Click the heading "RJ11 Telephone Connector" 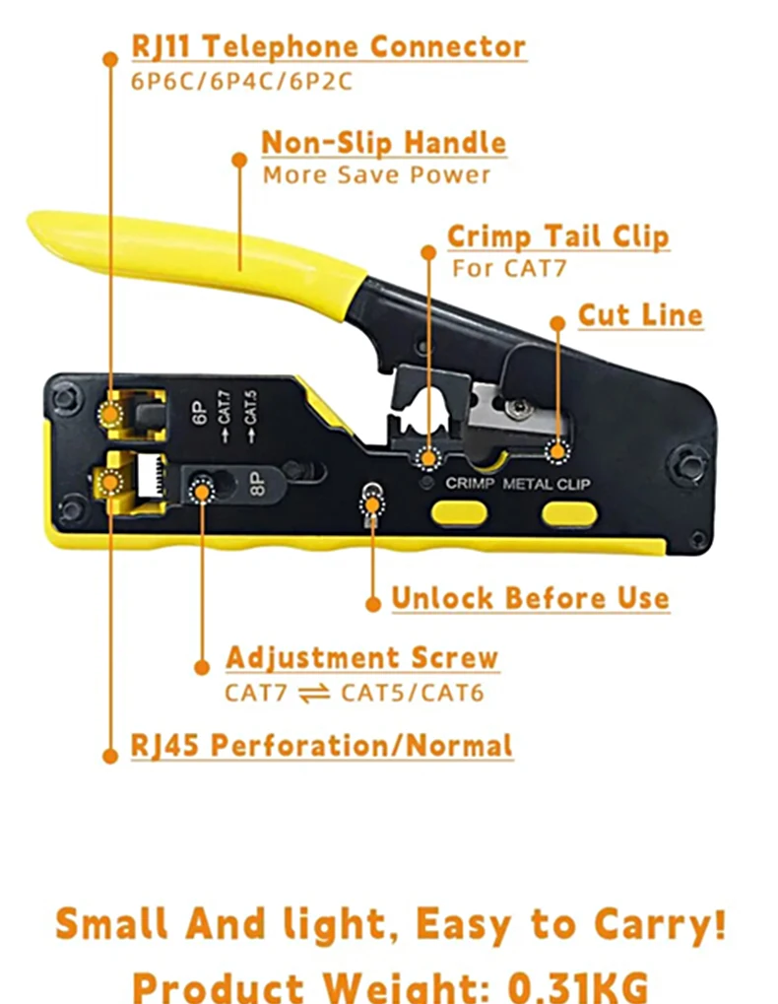[329, 46]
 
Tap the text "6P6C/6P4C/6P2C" [242, 82]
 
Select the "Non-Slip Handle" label [384, 142]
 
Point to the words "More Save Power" [377, 174]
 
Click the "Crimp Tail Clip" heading [558, 236]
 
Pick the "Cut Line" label [640, 315]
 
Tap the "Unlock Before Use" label [531, 598]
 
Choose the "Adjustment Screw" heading [362, 658]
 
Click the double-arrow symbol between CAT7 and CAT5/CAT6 [314, 693]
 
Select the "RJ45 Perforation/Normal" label [322, 745]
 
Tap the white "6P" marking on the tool [200, 413]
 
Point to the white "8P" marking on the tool [256, 483]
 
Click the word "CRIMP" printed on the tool [470, 483]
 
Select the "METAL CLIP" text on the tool [546, 484]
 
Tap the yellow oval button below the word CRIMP [459, 513]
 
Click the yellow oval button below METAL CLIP [569, 514]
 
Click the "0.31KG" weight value [578, 986]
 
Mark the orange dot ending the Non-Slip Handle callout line [239, 160]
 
